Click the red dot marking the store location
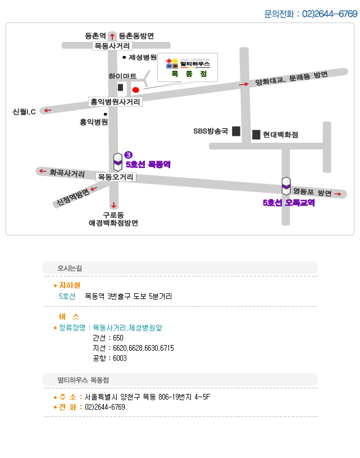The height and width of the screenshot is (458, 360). tap(135, 90)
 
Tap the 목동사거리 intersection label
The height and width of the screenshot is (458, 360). tap(112, 46)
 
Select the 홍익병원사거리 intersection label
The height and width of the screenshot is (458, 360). tap(115, 102)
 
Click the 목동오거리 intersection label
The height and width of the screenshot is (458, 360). tap(116, 176)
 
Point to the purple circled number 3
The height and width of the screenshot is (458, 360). tap(128, 155)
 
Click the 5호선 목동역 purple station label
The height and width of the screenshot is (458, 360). tap(148, 165)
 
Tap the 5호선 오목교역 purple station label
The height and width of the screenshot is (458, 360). tap(289, 202)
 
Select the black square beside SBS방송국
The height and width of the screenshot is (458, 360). tap(236, 131)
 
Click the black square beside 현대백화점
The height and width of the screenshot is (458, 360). tap(256, 135)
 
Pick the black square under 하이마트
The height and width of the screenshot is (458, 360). tap(120, 87)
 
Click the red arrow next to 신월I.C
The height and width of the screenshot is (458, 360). tap(48, 110)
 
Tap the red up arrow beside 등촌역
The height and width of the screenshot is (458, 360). tap(112, 36)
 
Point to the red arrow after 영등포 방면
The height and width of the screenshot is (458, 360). tap(338, 194)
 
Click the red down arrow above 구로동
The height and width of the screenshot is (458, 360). tap(113, 205)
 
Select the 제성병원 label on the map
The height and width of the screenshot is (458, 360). tap(143, 57)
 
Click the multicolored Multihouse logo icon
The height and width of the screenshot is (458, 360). tap(172, 64)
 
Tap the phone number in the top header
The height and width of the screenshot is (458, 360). tap(330, 13)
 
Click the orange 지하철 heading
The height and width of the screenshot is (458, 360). tap(70, 285)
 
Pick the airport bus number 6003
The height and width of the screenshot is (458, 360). tap(120, 358)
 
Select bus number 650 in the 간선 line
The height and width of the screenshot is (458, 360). tap(118, 338)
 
